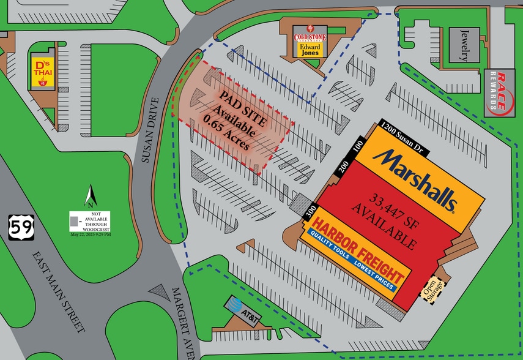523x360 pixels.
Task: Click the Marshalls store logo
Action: (417, 178)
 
